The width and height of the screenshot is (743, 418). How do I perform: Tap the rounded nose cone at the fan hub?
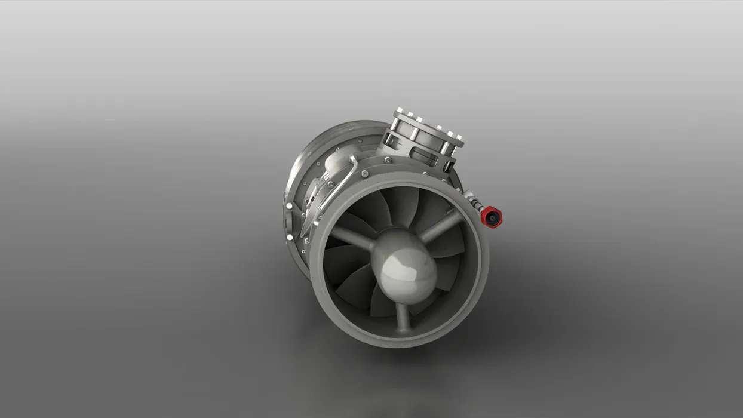pyautogui.click(x=406, y=267)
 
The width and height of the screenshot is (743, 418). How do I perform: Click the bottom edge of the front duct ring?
pyautogui.click(x=394, y=342)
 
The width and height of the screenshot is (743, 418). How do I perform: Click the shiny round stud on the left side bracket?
pyautogui.click(x=290, y=206)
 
